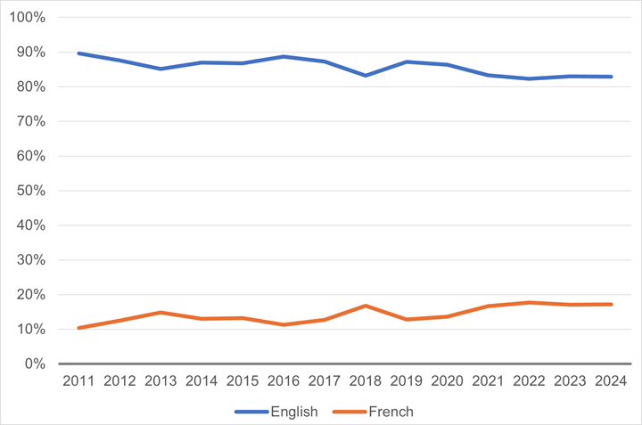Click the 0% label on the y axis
[35, 364]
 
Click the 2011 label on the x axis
[79, 380]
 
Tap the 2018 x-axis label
[366, 380]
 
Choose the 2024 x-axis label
[611, 380]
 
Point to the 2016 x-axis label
[284, 380]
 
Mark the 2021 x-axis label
[489, 380]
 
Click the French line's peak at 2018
[366, 306]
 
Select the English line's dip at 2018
[366, 76]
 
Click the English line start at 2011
[79, 53]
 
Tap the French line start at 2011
[79, 328]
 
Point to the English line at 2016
[284, 56]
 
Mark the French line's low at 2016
[284, 324]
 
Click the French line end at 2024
[611, 305]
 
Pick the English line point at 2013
[161, 69]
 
